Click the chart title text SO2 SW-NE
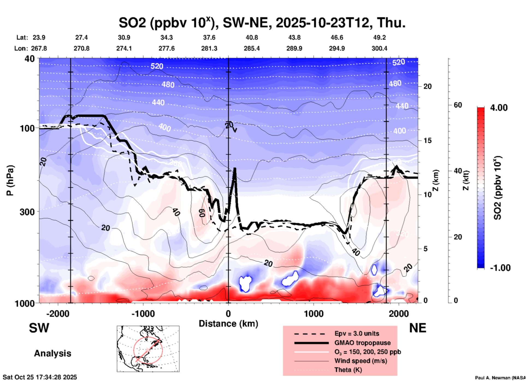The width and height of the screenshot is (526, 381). pos(262,23)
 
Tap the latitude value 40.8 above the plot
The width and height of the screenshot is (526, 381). pos(252,37)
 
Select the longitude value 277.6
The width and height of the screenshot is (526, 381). pos(167,48)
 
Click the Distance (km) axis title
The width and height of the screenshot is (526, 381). pos(228,324)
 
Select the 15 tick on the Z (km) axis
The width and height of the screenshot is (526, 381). pos(427,140)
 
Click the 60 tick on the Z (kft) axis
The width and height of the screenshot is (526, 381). pos(458,105)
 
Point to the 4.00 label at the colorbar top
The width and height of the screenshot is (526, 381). pos(499,108)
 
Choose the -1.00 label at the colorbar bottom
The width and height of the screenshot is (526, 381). pos(500,268)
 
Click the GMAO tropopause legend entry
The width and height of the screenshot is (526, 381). pos(362,343)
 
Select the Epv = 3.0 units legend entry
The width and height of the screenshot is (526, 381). pos(357,333)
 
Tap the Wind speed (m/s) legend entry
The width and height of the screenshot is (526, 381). pos(360,361)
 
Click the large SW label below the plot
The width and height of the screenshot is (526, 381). pos(39,328)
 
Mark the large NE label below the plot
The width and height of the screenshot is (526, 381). pos(418,328)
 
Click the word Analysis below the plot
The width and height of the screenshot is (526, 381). pos(52,353)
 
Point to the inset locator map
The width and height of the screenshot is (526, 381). pos(148,349)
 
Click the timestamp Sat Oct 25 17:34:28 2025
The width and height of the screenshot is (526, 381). pos(40,377)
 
